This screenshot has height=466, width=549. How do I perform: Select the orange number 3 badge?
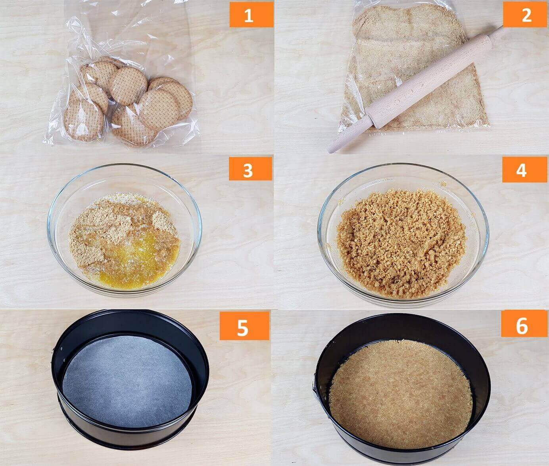tap(250, 169)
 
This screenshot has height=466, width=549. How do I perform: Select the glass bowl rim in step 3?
tap(124, 166)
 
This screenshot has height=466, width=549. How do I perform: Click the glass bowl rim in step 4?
tap(403, 165)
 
